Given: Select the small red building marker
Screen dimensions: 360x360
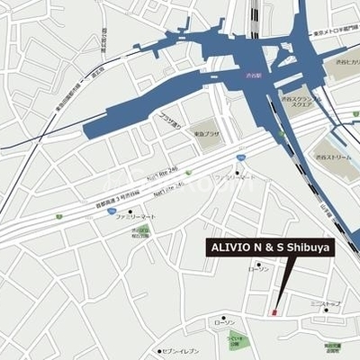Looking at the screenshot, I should [274, 311].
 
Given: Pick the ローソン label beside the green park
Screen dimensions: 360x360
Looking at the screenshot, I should [224, 321].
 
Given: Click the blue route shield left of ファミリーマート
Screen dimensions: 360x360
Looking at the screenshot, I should [111, 212].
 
